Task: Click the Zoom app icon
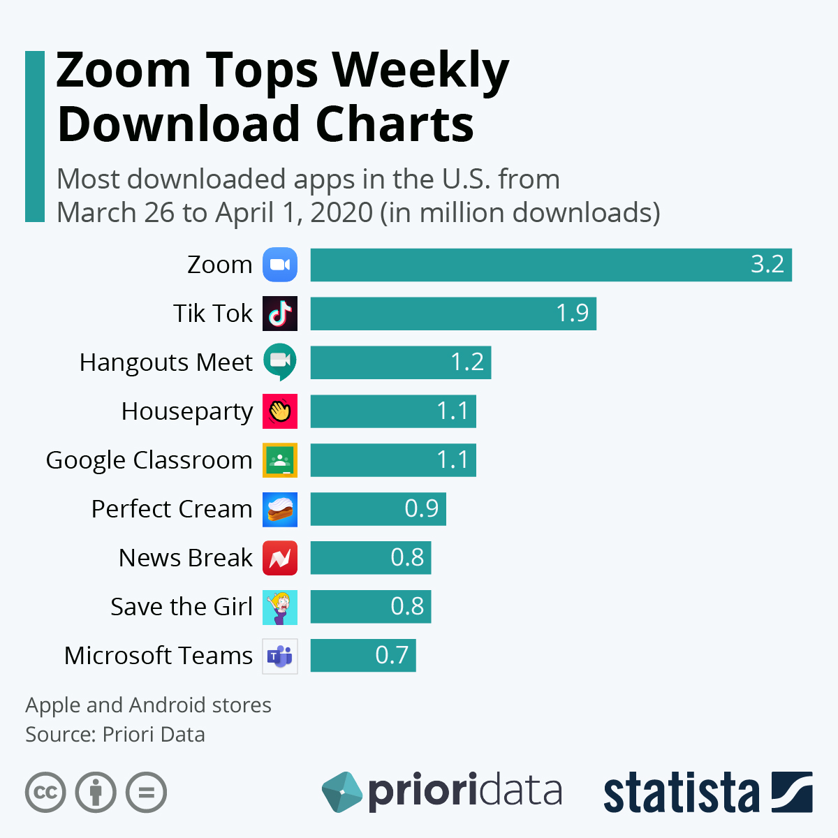pyautogui.click(x=280, y=265)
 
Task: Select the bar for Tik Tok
pyautogui.click(x=453, y=314)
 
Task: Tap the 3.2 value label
pyautogui.click(x=767, y=265)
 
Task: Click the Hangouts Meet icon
pyautogui.click(x=280, y=362)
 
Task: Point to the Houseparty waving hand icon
pyautogui.click(x=280, y=411)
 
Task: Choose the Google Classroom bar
pyautogui.click(x=393, y=460)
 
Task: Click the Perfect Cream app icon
pyautogui.click(x=280, y=509)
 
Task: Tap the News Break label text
pyautogui.click(x=185, y=558)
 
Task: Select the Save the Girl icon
pyautogui.click(x=280, y=607)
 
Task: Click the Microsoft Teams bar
pyautogui.click(x=363, y=656)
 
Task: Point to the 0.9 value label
pyautogui.click(x=421, y=508)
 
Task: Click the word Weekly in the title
pyautogui.click(x=420, y=70)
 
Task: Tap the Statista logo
pyautogui.click(x=707, y=792)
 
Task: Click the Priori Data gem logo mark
pyautogui.click(x=341, y=792)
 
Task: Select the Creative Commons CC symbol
pyautogui.click(x=45, y=793)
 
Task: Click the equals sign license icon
pyautogui.click(x=147, y=793)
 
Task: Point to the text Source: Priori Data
pyautogui.click(x=115, y=735)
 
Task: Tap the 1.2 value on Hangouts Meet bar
pyautogui.click(x=466, y=362)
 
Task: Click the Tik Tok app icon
pyautogui.click(x=280, y=314)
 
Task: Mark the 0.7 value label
pyautogui.click(x=392, y=655)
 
